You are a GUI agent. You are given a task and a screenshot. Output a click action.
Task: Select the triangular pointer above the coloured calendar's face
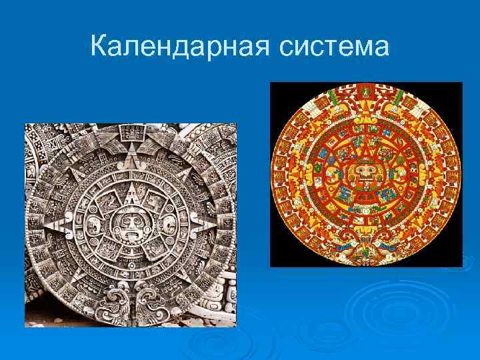pos(364,148)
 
